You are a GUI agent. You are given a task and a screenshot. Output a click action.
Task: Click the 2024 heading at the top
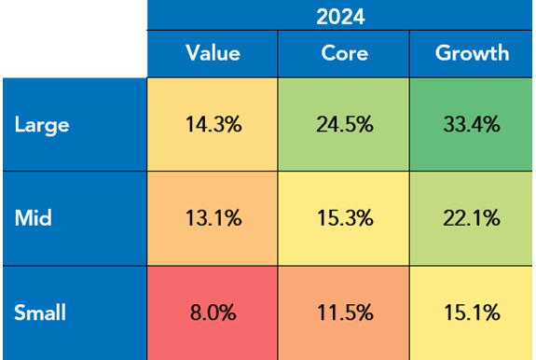341,16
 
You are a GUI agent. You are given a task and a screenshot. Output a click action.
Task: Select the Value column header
213,53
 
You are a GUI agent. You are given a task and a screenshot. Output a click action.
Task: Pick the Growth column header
472,53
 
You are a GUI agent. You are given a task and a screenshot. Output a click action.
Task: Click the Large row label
40,125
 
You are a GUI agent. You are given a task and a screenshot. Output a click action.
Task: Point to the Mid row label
33,219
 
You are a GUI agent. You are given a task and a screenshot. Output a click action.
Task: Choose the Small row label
40,312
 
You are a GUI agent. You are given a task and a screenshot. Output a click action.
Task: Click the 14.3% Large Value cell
213,125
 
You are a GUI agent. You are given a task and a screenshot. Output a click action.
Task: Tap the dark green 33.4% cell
472,125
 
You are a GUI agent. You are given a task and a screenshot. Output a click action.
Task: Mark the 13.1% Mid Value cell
213,219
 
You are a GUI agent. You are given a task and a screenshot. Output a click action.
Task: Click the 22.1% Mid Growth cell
472,219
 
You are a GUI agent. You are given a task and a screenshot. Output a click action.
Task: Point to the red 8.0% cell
213,312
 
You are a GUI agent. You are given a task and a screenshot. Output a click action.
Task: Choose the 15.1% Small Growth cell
472,312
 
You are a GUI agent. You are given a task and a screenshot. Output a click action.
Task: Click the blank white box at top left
74,38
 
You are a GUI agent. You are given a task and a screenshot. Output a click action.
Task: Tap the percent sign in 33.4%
494,125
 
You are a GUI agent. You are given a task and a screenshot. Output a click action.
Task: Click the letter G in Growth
443,53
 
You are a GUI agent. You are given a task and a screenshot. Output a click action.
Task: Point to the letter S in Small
20,312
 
